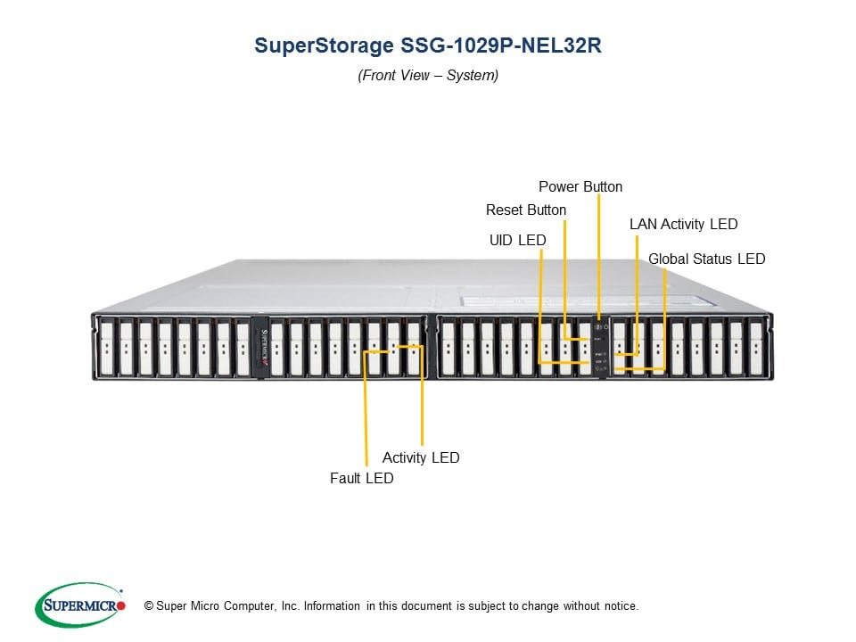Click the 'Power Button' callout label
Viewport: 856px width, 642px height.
(580, 186)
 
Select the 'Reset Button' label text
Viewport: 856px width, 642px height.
(525, 210)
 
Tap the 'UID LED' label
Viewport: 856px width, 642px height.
(517, 240)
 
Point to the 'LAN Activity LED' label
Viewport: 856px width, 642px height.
(683, 224)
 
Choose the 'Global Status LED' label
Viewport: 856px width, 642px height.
(706, 259)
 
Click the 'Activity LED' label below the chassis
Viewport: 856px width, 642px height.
(421, 457)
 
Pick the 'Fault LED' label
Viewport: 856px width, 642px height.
(361, 478)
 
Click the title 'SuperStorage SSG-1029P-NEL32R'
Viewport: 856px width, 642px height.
(428, 46)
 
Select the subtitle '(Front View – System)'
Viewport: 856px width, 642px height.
(428, 76)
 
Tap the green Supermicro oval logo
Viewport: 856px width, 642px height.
(78, 605)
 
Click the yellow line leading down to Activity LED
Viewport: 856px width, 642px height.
(422, 401)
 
